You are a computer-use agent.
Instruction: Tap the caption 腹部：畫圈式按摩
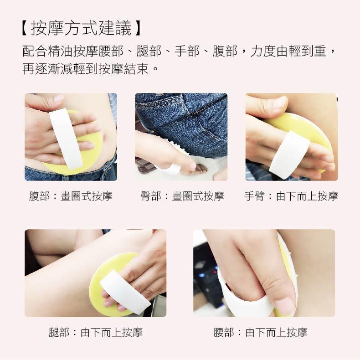pyautogui.click(x=71, y=196)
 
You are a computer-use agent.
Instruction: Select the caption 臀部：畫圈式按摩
pyautogui.click(x=182, y=196)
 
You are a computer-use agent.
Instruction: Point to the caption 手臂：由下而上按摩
pyautogui.click(x=291, y=196)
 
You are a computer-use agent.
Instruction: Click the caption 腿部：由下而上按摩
pyautogui.click(x=96, y=332)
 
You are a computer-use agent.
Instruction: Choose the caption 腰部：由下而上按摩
pyautogui.click(x=260, y=332)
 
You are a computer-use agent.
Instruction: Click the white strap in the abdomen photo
pyautogui.click(x=65, y=137)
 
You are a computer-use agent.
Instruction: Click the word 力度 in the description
pyautogui.click(x=263, y=51)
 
